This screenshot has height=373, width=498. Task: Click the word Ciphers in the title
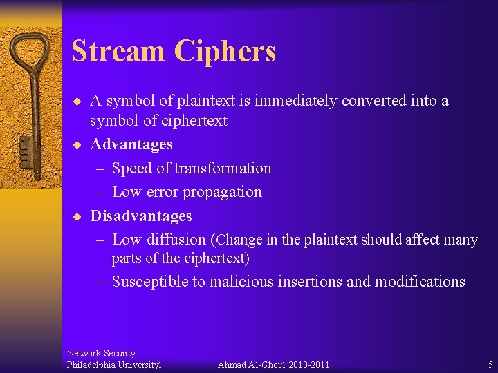pyautogui.click(x=225, y=51)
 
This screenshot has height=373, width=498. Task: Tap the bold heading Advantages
pyautogui.click(x=131, y=144)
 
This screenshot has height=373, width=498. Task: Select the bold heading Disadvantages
pyautogui.click(x=141, y=216)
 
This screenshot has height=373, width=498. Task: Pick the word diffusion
pyautogui.click(x=175, y=240)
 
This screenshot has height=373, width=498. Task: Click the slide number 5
pyautogui.click(x=490, y=365)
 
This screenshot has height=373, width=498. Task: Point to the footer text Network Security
pyautogui.click(x=101, y=353)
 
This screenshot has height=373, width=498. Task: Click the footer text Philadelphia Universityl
pyautogui.click(x=113, y=365)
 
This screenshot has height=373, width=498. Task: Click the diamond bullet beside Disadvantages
pyautogui.click(x=77, y=216)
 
